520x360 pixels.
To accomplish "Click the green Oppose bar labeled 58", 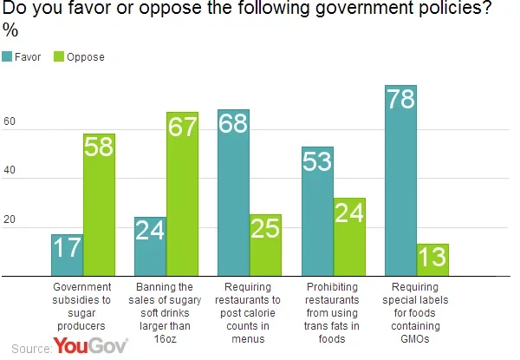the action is (99, 205).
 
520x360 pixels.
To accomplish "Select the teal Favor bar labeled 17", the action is (67, 255).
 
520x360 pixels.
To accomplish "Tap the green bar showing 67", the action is (182, 193).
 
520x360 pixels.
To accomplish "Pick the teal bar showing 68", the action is (233, 193).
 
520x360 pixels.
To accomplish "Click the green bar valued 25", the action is (265, 245).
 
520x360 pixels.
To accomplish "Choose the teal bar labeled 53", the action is (317, 211).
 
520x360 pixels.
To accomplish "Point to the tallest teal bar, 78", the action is (400, 180).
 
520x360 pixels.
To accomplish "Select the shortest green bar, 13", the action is (432, 259).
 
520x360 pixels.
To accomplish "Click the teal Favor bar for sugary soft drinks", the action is (150, 246).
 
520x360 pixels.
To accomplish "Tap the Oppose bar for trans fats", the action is (349, 237).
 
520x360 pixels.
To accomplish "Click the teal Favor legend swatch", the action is (7, 56).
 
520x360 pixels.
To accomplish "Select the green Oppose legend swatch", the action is (59, 56).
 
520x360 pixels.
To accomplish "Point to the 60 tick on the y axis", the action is (10, 121).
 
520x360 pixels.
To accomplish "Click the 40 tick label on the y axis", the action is (10, 170).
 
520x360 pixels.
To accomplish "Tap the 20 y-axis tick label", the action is (10, 219).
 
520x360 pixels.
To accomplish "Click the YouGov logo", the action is (90, 345).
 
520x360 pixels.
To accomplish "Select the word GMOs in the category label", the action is (415, 339).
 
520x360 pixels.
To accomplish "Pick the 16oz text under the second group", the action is (165, 339).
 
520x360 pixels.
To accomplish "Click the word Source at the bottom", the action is (32, 349).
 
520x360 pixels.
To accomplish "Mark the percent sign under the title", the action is (10, 30).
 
